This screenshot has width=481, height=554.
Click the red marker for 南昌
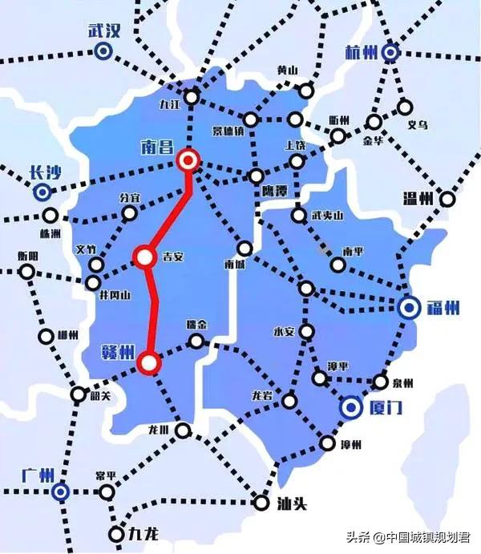click(189, 161)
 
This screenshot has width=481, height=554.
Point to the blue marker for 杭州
click(390, 52)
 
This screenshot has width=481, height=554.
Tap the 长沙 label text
click(45, 172)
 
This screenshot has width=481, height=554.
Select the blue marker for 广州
click(60, 491)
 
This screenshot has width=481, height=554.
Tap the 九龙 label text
click(147, 532)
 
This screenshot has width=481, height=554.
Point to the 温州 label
click(416, 198)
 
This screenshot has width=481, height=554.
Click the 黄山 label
click(286, 70)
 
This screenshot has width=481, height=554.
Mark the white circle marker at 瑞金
click(196, 342)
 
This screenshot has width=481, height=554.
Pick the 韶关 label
click(100, 396)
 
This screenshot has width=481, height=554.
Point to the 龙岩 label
click(264, 395)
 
